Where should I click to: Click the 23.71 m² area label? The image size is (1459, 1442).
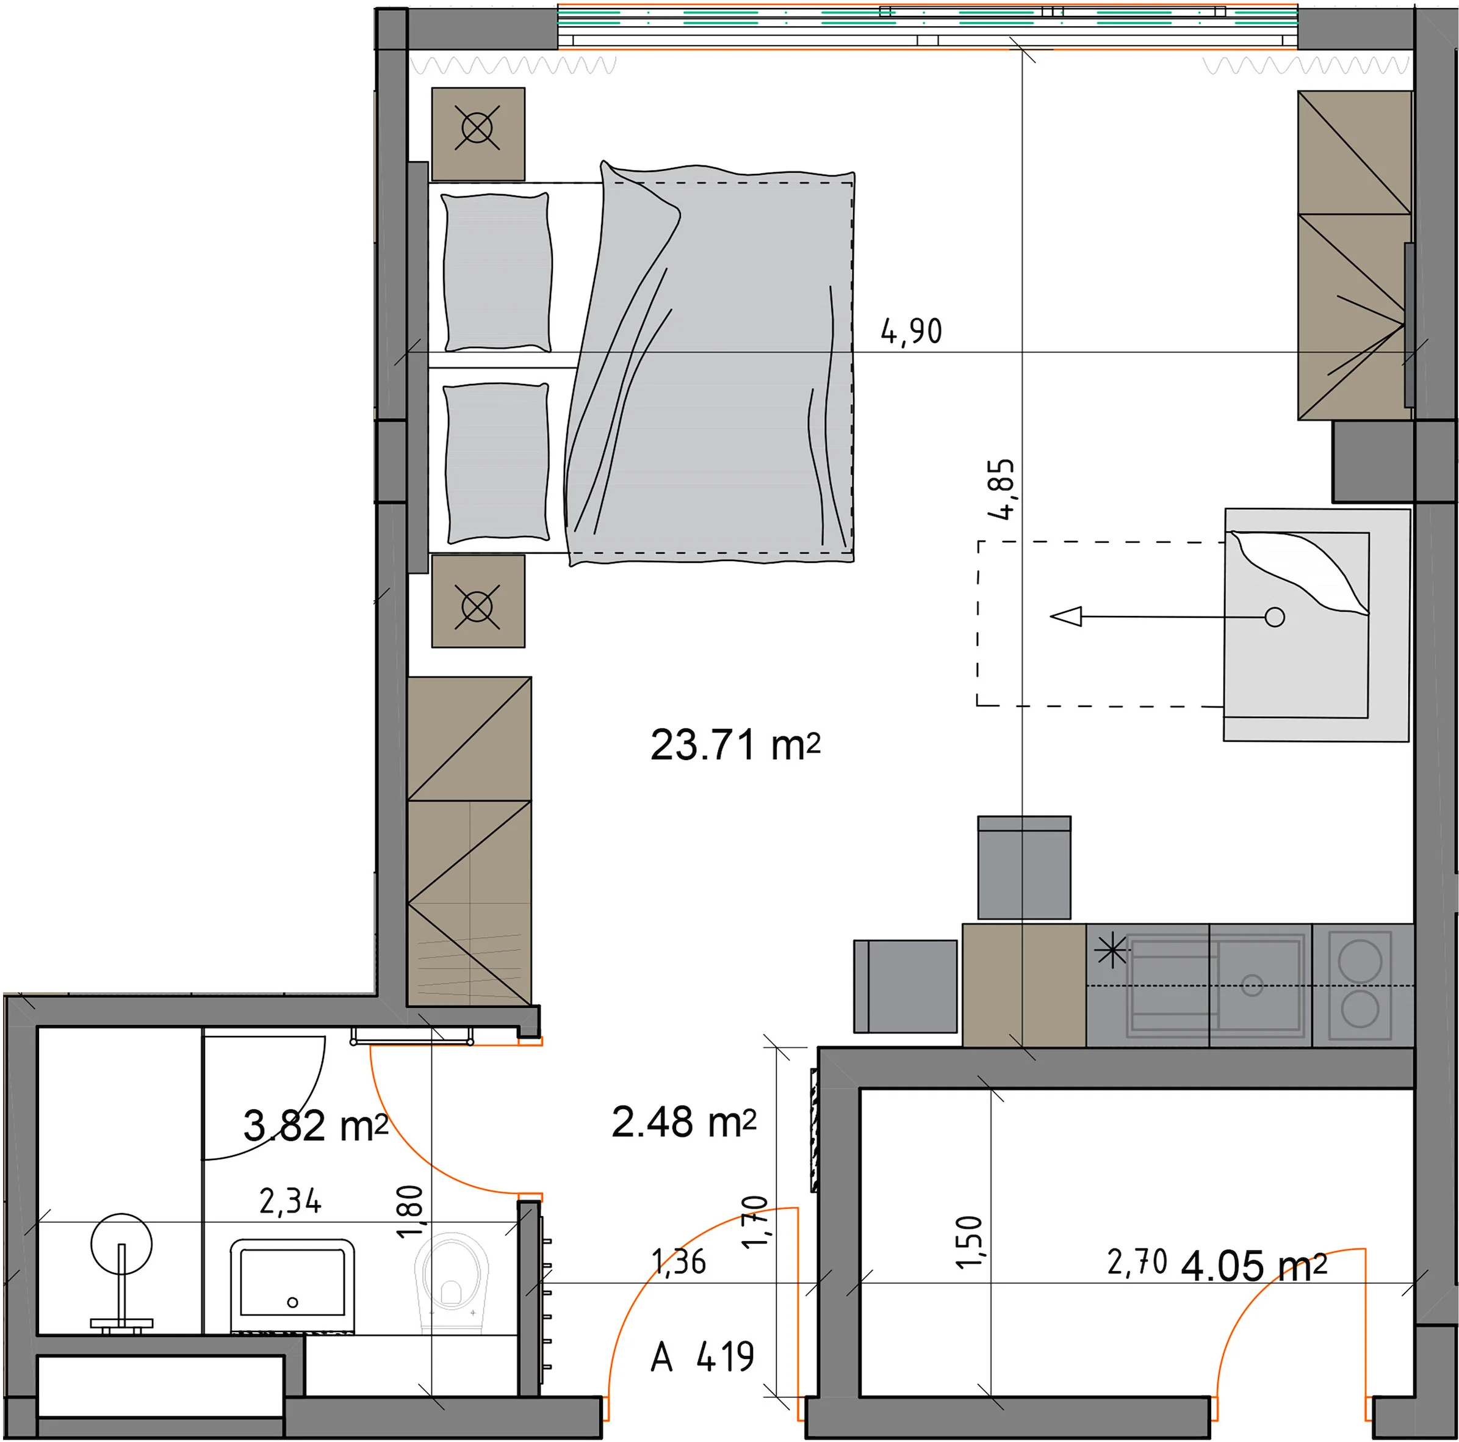coord(735,745)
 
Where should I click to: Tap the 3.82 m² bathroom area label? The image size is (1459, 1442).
coord(315,1126)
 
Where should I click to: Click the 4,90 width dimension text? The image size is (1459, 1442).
coord(912,332)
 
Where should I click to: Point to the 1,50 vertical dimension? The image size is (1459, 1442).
coord(970,1241)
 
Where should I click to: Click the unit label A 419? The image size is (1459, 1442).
coord(702,1357)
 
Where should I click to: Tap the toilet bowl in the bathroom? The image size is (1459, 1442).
coord(452,1280)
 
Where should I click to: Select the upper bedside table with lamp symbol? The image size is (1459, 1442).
coord(478,134)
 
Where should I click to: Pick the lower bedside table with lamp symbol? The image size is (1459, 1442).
coord(478,601)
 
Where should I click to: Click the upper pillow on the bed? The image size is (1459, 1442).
coord(497,273)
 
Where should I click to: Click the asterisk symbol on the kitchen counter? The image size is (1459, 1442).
coord(1112,952)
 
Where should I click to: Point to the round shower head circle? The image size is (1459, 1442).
coord(121,1244)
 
